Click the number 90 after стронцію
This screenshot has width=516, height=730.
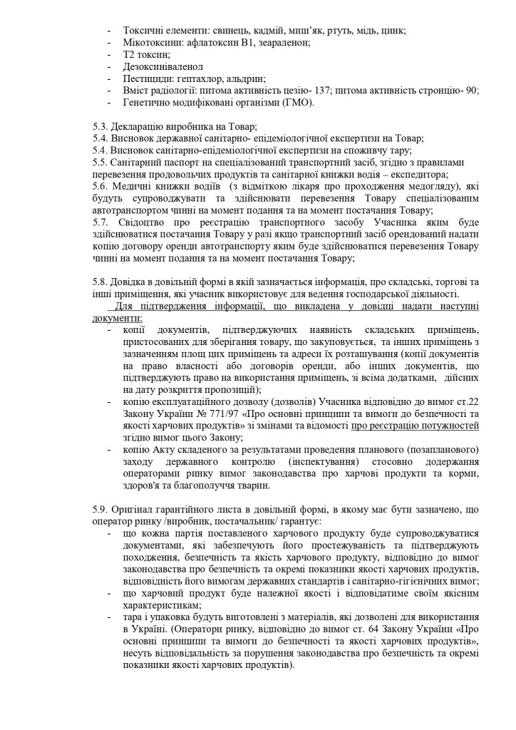click(x=470, y=91)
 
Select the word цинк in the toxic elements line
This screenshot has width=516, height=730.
click(x=393, y=31)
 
